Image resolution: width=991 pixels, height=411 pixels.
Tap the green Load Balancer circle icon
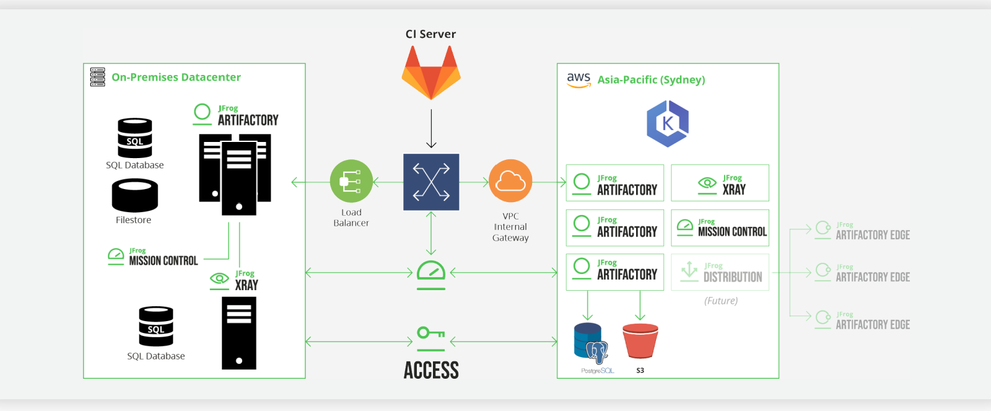pyautogui.click(x=351, y=181)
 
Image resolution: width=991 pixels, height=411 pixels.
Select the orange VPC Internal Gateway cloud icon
pyautogui.click(x=510, y=181)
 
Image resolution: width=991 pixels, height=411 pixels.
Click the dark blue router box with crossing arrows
pyautogui.click(x=431, y=182)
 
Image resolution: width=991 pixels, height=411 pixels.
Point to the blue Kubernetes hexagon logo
pyautogui.click(x=668, y=124)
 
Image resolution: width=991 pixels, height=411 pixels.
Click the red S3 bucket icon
pyautogui.click(x=640, y=341)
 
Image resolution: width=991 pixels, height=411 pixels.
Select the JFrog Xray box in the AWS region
pyautogui.click(x=720, y=183)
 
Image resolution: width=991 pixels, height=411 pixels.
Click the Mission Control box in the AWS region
pyautogui.click(x=720, y=228)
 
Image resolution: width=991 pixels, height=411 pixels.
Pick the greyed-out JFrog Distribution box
pyautogui.click(x=720, y=272)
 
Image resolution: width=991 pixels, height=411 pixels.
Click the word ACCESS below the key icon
pyautogui.click(x=431, y=371)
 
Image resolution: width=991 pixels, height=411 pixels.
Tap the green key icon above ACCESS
pyautogui.click(x=431, y=334)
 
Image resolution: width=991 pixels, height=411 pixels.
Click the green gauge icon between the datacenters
pyautogui.click(x=431, y=275)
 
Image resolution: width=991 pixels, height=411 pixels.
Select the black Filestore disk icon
pyautogui.click(x=135, y=195)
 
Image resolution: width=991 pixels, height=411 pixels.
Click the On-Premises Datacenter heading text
pyautogui.click(x=176, y=77)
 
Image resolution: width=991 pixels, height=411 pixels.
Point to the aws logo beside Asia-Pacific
pyautogui.click(x=578, y=79)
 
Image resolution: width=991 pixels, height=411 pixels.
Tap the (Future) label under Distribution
pyautogui.click(x=721, y=301)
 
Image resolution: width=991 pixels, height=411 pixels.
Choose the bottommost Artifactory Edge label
pyautogui.click(x=872, y=324)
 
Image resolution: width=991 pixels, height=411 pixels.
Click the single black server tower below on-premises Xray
pyautogui.click(x=239, y=333)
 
